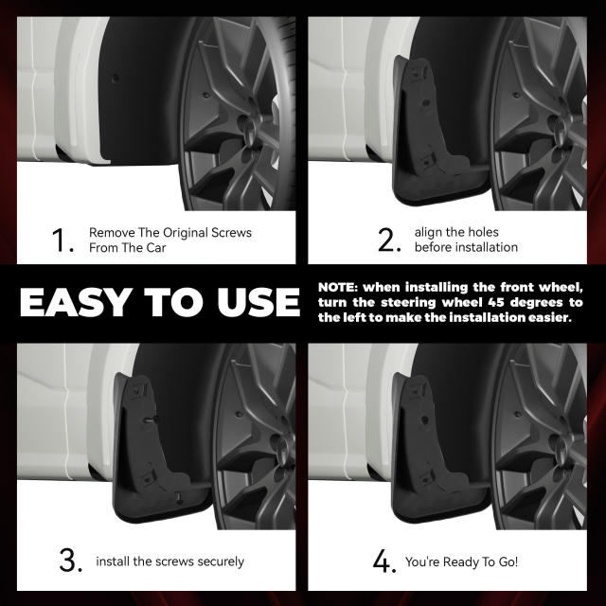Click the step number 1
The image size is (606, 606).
[63, 241]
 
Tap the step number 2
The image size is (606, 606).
[389, 241]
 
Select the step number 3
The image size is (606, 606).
[70, 561]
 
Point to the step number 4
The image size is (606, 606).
[383, 561]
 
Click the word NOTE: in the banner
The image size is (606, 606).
[343, 287]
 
